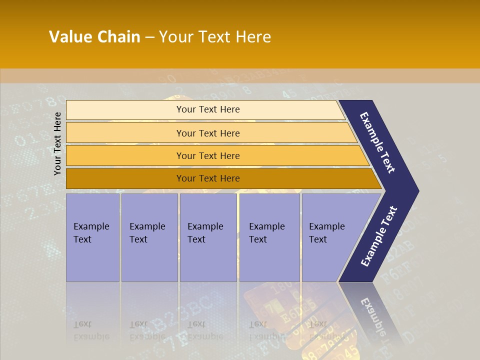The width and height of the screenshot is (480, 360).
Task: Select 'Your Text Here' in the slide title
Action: pos(215,37)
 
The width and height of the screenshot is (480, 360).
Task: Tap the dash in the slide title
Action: pos(149,37)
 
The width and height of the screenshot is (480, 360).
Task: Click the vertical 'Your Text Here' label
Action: pos(57,143)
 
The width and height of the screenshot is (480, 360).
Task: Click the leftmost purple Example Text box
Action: pos(92,237)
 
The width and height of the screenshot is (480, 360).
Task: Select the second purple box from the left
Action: pos(149,237)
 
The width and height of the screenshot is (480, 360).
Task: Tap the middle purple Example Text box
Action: pos(208,237)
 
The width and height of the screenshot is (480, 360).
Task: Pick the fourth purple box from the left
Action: pos(269,237)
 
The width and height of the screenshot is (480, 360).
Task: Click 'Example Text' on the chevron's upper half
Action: pos(377,142)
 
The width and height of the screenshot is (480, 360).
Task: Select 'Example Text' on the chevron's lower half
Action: pos(378,236)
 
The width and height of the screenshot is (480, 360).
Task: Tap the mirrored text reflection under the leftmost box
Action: pos(91,330)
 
